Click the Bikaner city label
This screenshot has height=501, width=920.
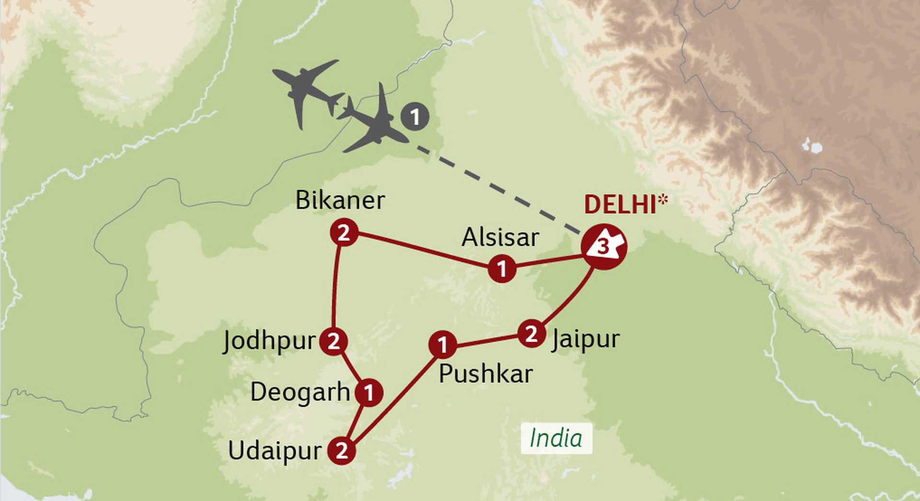tap(340, 200)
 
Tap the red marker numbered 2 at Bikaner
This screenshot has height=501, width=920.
tap(344, 233)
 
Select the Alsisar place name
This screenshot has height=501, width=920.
tap(500, 238)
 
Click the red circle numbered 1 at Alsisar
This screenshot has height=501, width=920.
tap(502, 269)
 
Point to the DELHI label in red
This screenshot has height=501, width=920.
tap(620, 205)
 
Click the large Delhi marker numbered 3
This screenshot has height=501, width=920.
tap(604, 247)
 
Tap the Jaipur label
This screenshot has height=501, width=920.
tap(586, 340)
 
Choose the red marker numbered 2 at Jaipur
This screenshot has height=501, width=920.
tap(531, 333)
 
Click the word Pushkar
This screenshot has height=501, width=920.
tap(485, 374)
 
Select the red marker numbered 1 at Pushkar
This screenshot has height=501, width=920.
tap(442, 345)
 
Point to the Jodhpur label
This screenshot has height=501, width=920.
tap(269, 342)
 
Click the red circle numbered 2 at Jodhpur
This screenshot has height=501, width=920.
tap(333, 342)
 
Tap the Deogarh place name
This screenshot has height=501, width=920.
tap(300, 392)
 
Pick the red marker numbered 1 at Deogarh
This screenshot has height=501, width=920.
tap(369, 393)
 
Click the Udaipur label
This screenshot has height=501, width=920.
tap(275, 451)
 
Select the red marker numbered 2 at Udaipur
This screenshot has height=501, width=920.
tap(342, 450)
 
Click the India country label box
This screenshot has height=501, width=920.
tap(556, 438)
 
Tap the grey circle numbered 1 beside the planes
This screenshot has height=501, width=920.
tap(415, 117)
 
